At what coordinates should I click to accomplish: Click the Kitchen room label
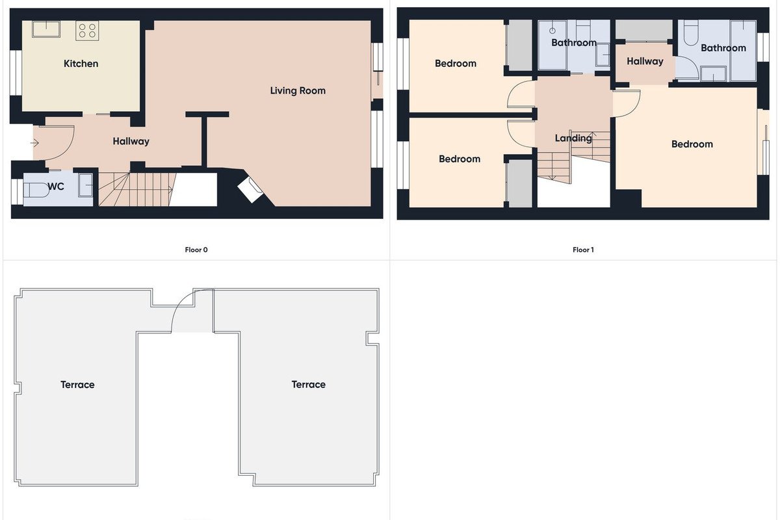[x=81, y=64]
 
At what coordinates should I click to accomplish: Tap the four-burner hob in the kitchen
[x=87, y=31]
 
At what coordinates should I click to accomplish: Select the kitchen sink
[x=46, y=29]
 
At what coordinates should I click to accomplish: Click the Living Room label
[x=298, y=90]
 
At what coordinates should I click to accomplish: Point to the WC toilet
[x=36, y=190]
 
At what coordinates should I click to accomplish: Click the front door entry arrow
[x=34, y=143]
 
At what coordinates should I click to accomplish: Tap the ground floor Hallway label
[x=131, y=142]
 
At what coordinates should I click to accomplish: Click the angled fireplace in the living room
[x=250, y=190]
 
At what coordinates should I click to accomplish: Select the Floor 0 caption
[x=196, y=250]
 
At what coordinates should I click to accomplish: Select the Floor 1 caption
[x=583, y=250]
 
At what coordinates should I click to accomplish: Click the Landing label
[x=573, y=138]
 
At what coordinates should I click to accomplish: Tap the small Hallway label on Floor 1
[x=645, y=62]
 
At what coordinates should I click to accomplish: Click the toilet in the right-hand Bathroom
[x=691, y=33]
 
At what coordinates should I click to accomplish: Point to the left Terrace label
[x=77, y=385]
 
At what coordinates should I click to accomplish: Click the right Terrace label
[x=309, y=385]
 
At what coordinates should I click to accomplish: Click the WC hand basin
[x=86, y=185]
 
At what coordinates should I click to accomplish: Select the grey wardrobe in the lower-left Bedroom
[x=519, y=183]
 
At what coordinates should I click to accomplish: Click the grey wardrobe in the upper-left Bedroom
[x=519, y=45]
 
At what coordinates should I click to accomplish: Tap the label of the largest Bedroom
[x=692, y=144]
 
